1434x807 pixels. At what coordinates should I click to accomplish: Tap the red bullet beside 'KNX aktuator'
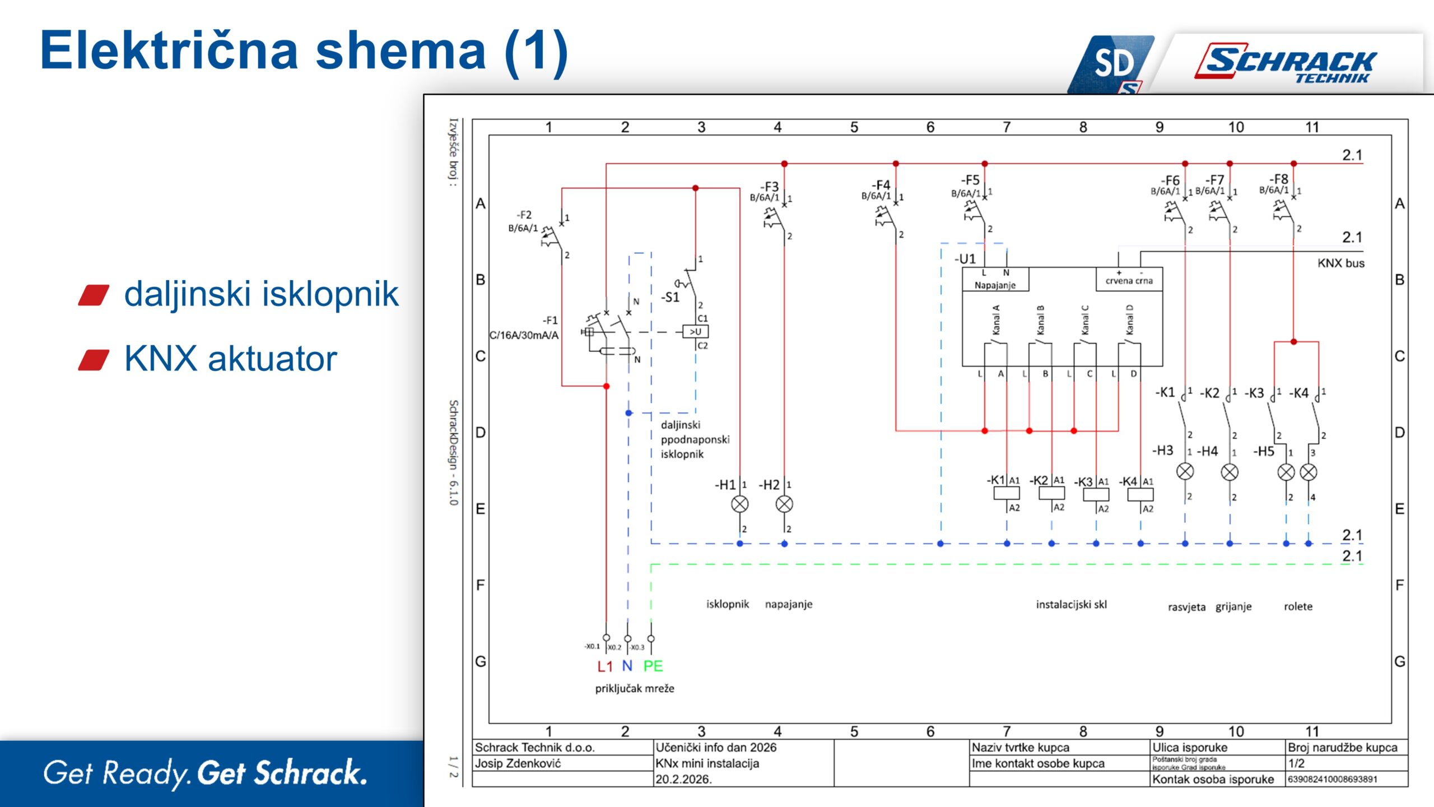[94, 360]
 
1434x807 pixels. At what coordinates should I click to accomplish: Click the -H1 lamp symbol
[739, 504]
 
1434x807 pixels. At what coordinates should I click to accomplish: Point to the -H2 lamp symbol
[784, 504]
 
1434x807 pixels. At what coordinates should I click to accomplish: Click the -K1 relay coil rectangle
[1007, 493]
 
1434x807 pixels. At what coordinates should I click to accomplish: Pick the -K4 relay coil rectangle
[1140, 494]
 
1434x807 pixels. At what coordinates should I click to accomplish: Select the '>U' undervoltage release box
[696, 332]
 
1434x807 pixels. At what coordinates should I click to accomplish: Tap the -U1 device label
[965, 259]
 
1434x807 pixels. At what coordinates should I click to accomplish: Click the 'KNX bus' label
[1340, 263]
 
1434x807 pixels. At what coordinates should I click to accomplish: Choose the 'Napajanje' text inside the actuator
[995, 285]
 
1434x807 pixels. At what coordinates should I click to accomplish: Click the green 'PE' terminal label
[653, 666]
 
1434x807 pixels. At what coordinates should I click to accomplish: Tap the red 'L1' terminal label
[605, 666]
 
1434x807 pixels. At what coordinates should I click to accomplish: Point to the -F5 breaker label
[970, 180]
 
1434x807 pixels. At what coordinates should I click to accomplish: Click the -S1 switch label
[670, 298]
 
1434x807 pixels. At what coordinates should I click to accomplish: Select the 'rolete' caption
[1298, 606]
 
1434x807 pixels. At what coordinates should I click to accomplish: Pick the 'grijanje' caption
[1233, 606]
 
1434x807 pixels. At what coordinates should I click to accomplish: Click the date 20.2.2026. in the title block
[683, 779]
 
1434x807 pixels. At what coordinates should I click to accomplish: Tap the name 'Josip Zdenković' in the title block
[518, 763]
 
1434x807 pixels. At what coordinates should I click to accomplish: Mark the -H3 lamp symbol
[1185, 472]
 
